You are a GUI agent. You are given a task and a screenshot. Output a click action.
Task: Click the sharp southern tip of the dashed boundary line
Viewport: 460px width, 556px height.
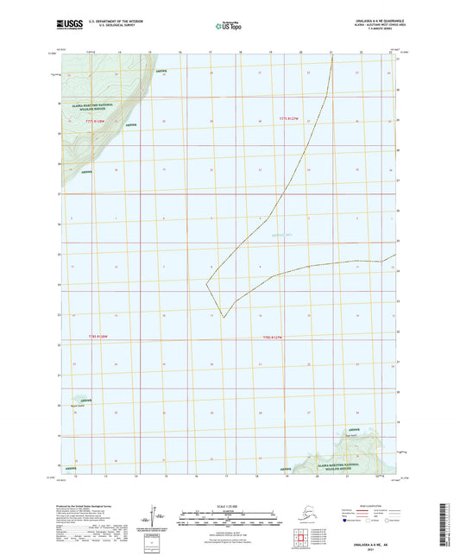(224, 318)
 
